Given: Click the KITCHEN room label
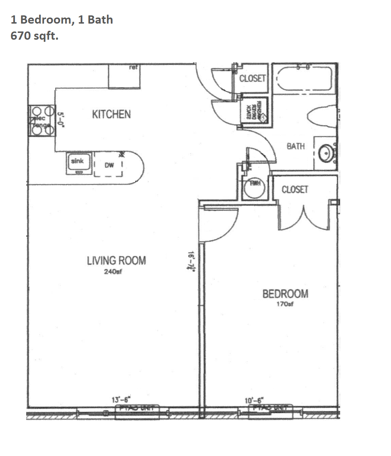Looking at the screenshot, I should point(111,114).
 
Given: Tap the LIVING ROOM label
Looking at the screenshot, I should point(116,260).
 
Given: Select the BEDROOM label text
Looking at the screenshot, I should point(285,294).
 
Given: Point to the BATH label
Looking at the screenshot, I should point(296,146).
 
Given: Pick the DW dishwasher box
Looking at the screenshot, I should point(109,165).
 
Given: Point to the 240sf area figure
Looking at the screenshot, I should point(113,272).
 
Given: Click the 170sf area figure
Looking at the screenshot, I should point(285,305).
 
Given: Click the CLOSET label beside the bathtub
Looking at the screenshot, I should point(253,78).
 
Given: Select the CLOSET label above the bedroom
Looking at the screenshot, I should point(295,189).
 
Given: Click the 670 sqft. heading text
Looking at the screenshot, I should point(34,36).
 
